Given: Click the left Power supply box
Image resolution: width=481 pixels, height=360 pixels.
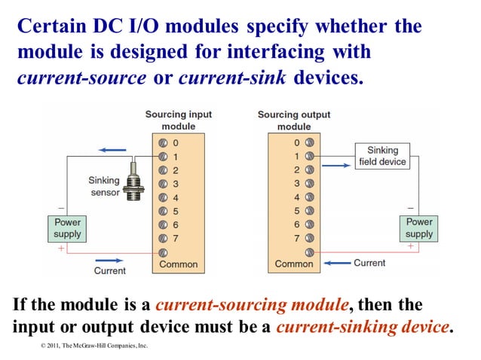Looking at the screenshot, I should point(67,228).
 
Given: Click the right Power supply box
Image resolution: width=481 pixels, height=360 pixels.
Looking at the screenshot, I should point(419,228).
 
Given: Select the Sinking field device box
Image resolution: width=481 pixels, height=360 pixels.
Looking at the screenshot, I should point(382,156).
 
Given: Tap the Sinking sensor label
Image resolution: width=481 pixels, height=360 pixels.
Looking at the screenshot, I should point(104,186).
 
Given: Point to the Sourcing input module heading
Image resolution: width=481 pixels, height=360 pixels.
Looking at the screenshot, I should point(179,121).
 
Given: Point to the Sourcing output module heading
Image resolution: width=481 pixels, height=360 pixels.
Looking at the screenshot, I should point(294,121).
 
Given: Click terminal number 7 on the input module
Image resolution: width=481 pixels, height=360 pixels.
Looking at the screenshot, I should point(176,238).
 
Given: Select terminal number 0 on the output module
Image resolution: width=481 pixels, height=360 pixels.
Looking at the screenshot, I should point(297,142).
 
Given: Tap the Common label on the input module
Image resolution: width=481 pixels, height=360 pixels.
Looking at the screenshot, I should point(179,264).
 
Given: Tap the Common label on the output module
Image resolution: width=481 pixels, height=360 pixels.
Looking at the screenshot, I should point(294,264).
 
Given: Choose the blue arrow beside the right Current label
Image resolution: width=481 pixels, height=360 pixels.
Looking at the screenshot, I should point(338,263).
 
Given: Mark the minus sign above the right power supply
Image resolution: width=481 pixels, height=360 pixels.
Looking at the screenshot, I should point(410,208).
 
